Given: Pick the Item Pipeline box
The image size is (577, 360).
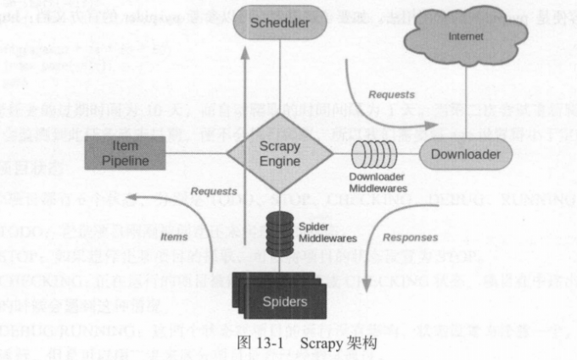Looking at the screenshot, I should click(125, 154).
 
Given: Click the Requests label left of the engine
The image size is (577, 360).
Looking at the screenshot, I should click(212, 192).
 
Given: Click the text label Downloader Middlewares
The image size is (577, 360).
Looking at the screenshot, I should click(380, 181).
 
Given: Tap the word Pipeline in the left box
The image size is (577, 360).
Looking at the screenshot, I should click(125, 160).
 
